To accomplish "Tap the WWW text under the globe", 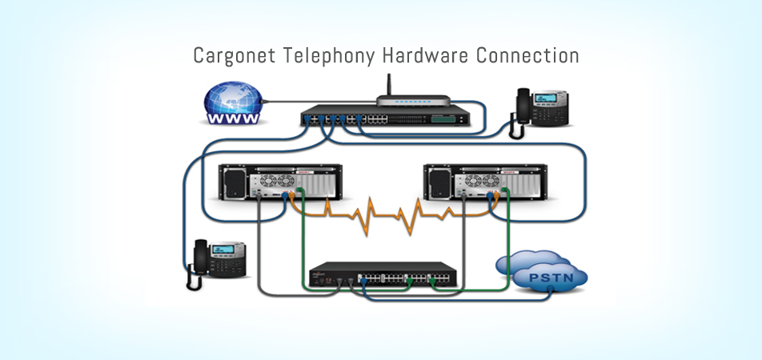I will coord(233,119).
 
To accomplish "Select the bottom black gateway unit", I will coord(383,275).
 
